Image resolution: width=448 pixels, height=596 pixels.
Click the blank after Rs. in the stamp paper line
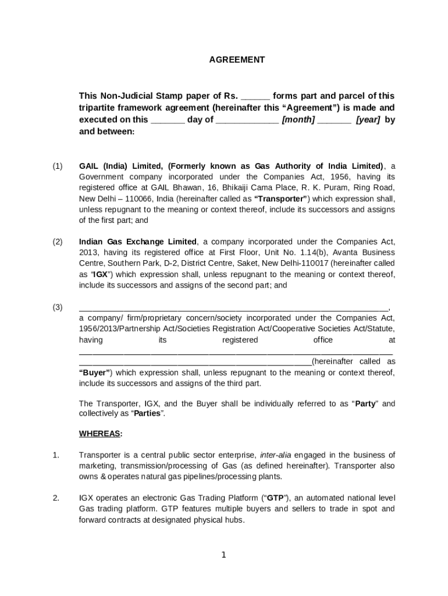click(x=255, y=96)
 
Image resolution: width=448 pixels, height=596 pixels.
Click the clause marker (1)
click(x=57, y=166)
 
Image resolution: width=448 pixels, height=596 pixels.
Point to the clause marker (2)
click(x=57, y=242)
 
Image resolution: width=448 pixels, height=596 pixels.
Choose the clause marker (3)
click(x=57, y=307)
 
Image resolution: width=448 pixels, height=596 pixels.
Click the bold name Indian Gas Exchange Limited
click(x=138, y=242)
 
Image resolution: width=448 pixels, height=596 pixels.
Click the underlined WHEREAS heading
click(x=101, y=434)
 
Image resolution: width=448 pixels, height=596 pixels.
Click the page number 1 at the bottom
click(x=223, y=555)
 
